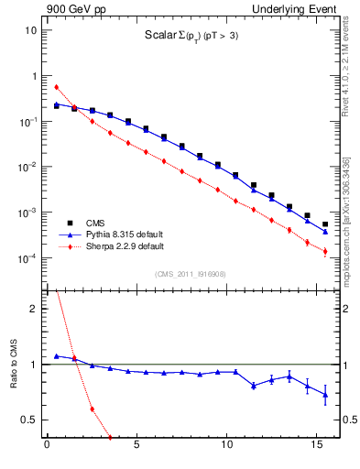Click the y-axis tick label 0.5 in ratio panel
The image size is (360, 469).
pos(27,420)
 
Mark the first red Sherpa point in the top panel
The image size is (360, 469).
pos(56,87)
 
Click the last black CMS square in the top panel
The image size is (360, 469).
pos(325,224)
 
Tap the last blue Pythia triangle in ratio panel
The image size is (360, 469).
pos(325,395)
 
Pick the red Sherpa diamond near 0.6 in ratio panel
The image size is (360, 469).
pos(92,409)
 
